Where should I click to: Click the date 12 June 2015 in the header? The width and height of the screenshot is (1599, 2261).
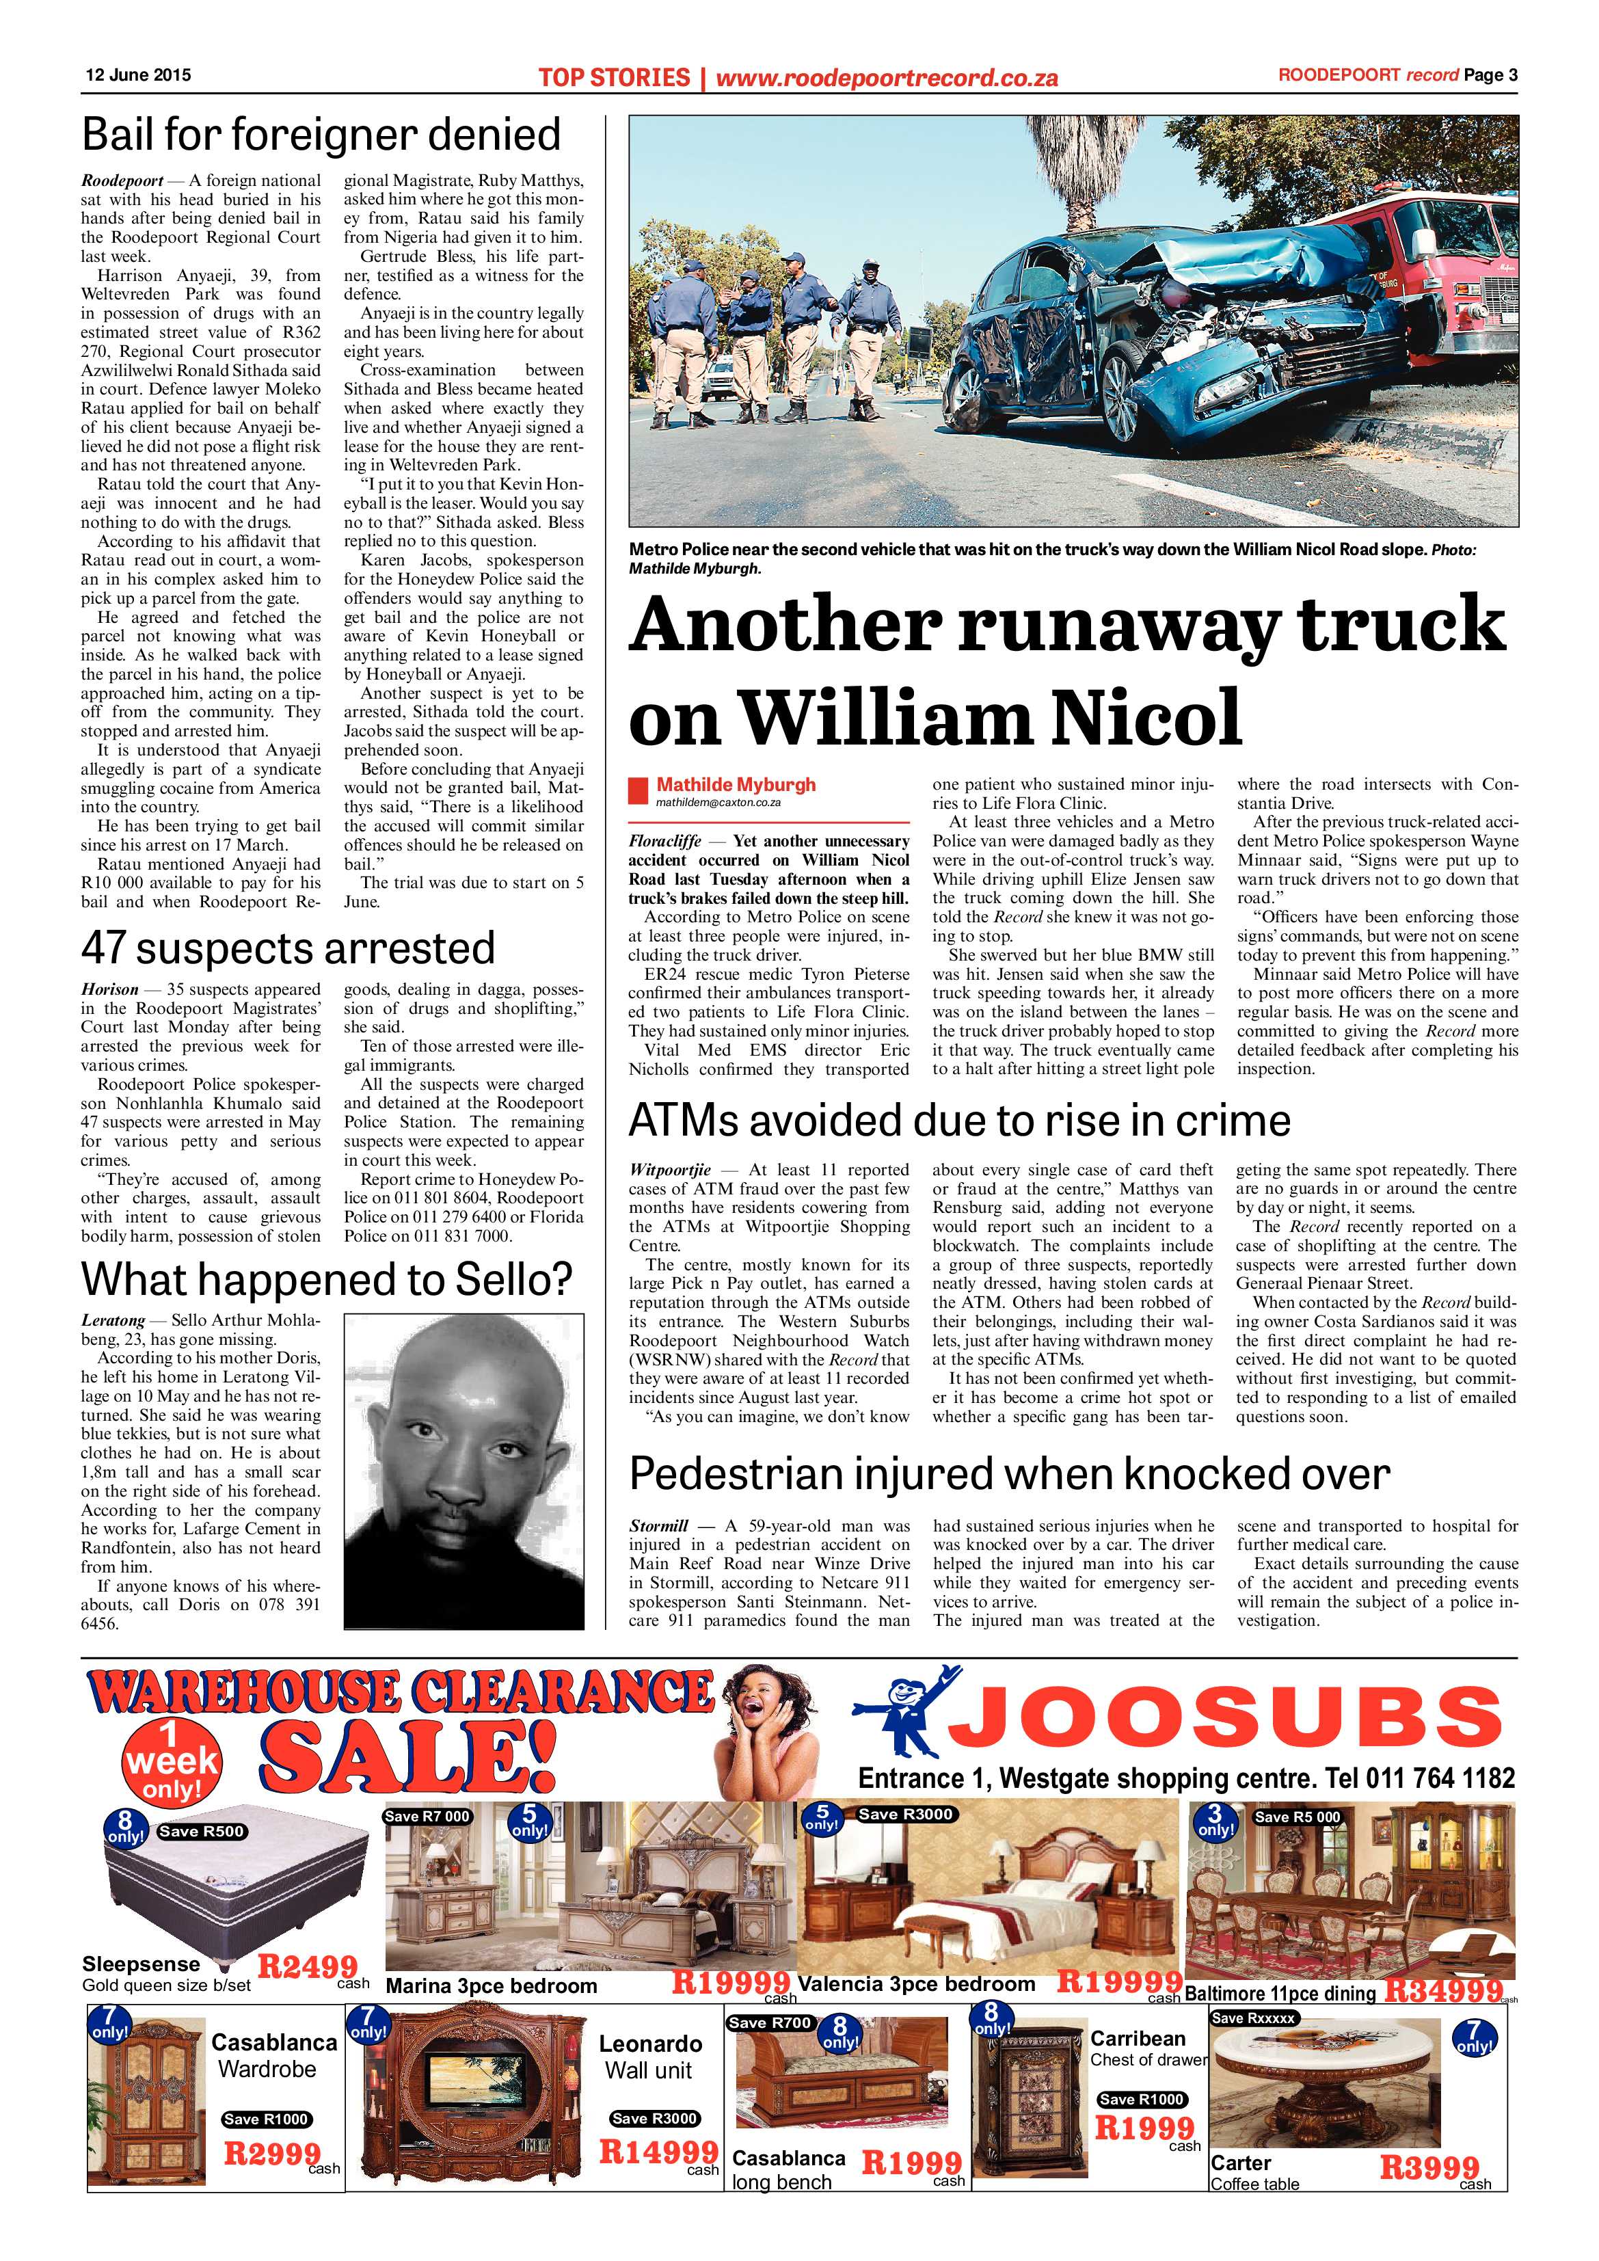tap(138, 75)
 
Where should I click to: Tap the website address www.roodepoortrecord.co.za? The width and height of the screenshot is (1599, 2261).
tap(886, 77)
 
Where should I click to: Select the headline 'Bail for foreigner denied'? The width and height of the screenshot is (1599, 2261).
tap(321, 135)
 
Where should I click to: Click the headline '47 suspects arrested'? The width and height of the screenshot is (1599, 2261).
tap(288, 948)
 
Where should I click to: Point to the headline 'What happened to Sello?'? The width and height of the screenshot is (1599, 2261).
tap(326, 1279)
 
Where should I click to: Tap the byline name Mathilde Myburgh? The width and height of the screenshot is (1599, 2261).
tap(736, 785)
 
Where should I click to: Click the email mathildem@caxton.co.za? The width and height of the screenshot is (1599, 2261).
tap(718, 803)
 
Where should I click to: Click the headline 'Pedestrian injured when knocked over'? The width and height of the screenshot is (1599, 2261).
tap(1009, 1474)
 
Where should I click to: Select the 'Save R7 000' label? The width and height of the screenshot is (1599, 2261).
tap(427, 1817)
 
